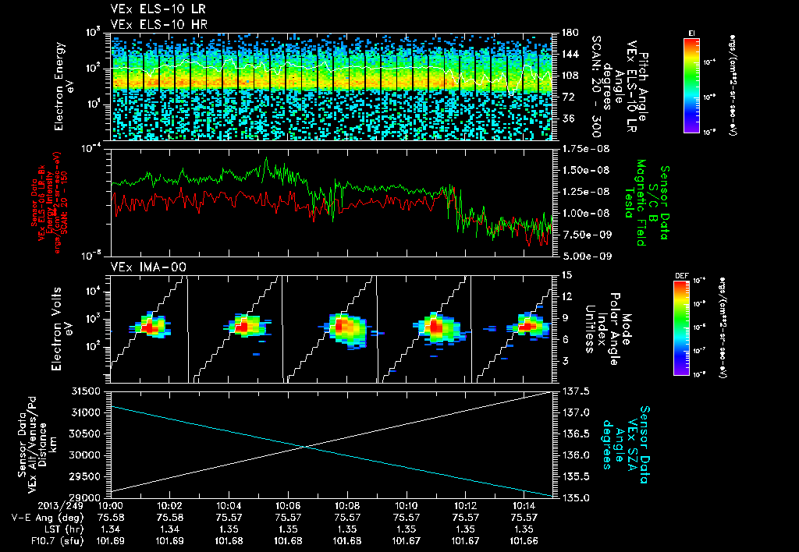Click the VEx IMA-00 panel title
click(140, 267)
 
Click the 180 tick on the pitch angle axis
click(567, 32)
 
